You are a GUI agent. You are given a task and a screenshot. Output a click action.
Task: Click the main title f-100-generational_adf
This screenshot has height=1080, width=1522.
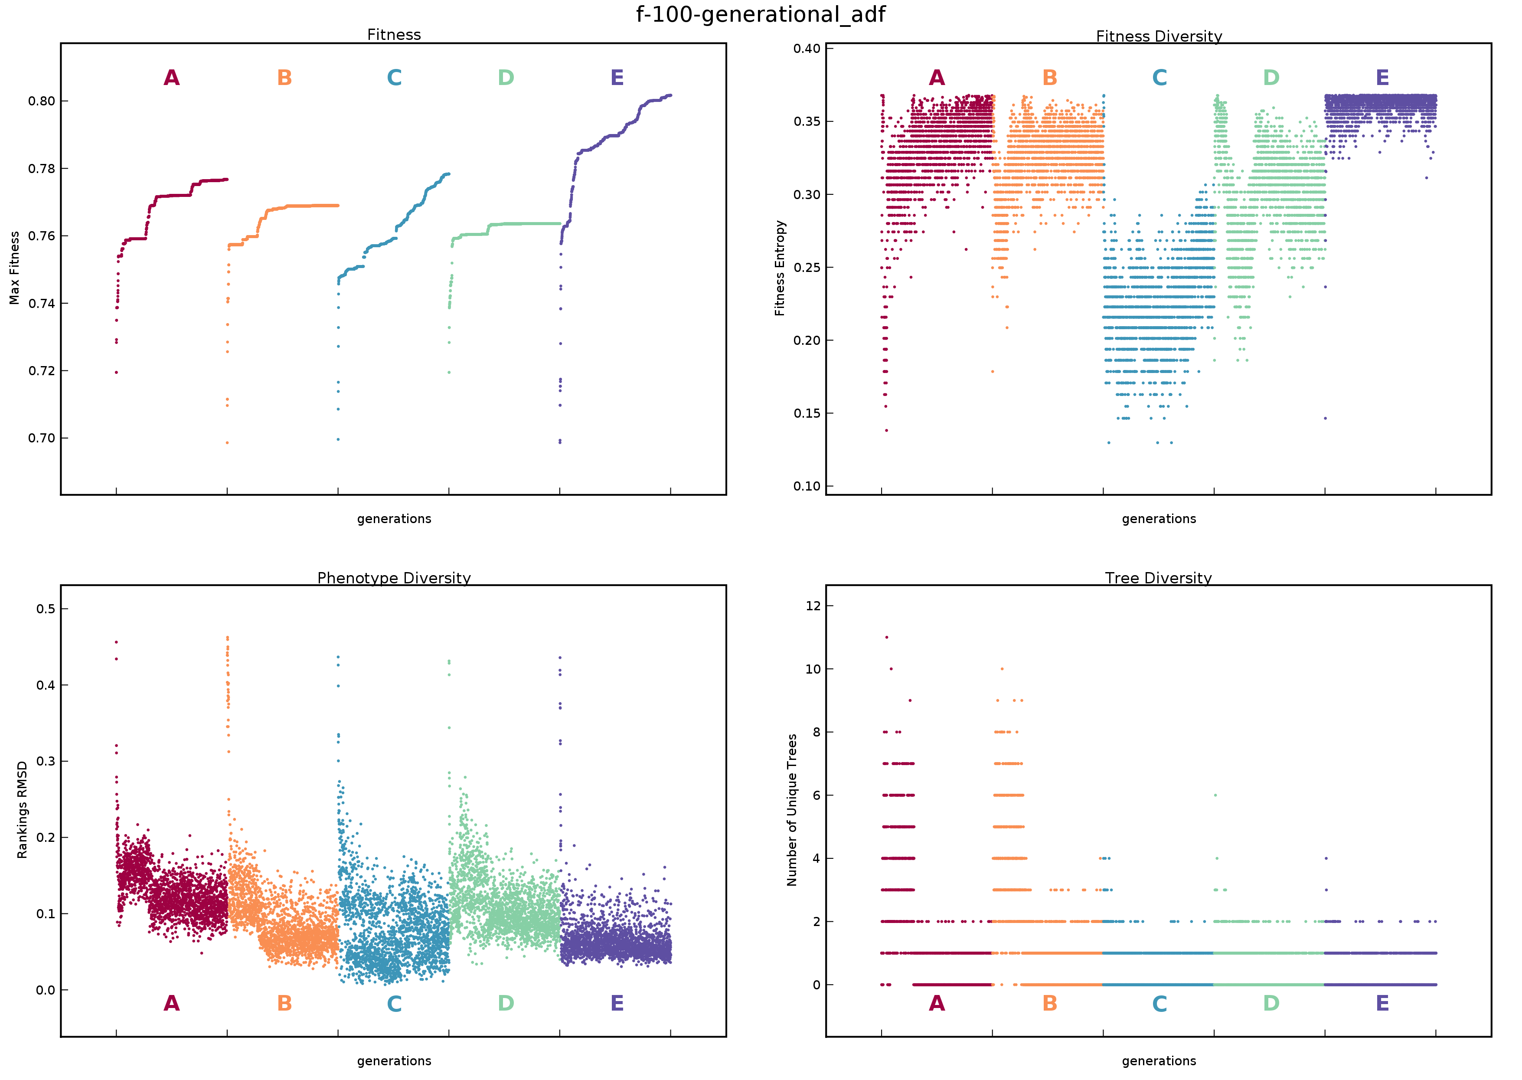click(760, 14)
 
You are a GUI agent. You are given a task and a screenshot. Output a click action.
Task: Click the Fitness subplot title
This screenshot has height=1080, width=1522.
click(394, 35)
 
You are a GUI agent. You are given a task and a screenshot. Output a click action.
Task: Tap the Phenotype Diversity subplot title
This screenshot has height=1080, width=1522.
click(394, 577)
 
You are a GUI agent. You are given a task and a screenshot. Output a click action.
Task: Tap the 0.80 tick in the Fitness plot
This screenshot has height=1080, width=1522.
click(41, 101)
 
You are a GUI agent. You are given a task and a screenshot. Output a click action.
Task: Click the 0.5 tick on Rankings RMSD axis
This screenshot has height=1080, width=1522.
click(46, 609)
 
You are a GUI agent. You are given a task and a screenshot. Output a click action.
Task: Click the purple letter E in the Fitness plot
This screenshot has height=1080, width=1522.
click(617, 78)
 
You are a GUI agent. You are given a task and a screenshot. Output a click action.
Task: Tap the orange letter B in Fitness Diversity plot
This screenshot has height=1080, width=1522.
click(1049, 78)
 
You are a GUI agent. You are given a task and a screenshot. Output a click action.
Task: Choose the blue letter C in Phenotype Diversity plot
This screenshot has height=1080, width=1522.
click(394, 1004)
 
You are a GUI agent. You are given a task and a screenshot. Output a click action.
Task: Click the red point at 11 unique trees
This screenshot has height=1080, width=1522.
click(886, 637)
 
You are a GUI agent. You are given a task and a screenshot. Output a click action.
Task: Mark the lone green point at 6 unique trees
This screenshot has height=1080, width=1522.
click(1215, 795)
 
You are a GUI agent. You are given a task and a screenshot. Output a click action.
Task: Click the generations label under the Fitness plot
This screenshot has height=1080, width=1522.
click(394, 519)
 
